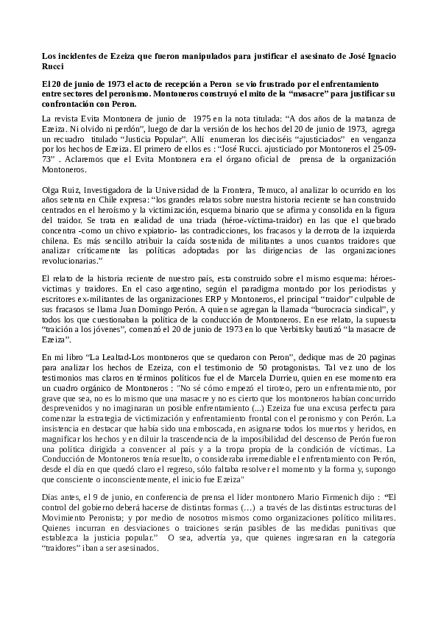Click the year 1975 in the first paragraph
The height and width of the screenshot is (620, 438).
pyautogui.click(x=202, y=118)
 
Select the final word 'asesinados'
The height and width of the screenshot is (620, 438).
pyautogui.click(x=133, y=549)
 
